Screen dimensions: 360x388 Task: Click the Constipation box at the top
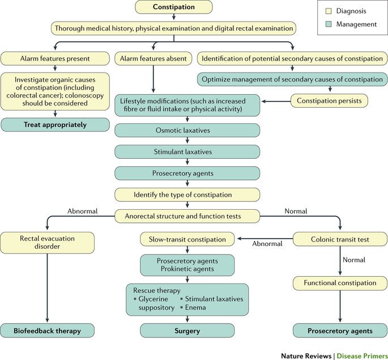pos(174,7)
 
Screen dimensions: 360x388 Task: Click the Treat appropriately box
pos(46,125)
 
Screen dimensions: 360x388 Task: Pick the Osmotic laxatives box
pos(187,130)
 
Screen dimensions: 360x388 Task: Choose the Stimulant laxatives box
pos(187,151)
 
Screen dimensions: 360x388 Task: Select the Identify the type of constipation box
pos(187,194)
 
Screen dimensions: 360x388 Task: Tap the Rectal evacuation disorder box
pos(46,243)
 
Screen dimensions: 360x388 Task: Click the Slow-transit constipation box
pos(187,239)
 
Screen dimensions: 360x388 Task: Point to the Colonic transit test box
pos(339,239)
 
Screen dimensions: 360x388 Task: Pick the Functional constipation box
pos(339,282)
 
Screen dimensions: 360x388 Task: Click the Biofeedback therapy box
pos(46,331)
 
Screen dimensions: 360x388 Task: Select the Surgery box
pos(187,331)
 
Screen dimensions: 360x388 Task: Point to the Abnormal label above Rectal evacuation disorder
pos(82,211)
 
